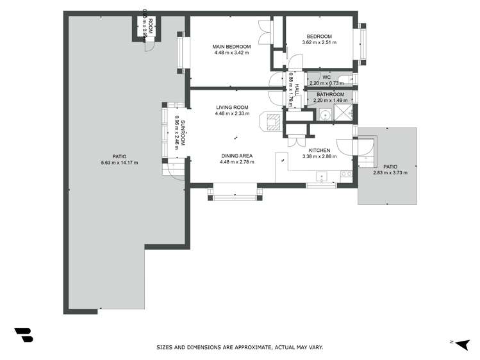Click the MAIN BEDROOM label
click(231, 47)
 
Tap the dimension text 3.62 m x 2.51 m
click(319, 43)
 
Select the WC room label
click(326, 78)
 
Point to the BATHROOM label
click(330, 94)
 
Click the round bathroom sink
click(325, 115)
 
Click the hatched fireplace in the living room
click(271, 121)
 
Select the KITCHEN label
click(319, 151)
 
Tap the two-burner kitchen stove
click(348, 174)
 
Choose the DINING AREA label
click(236, 156)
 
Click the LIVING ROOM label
click(231, 108)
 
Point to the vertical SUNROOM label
click(183, 133)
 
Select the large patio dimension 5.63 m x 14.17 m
click(119, 163)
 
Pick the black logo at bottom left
click(24, 335)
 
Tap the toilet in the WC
click(345, 79)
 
